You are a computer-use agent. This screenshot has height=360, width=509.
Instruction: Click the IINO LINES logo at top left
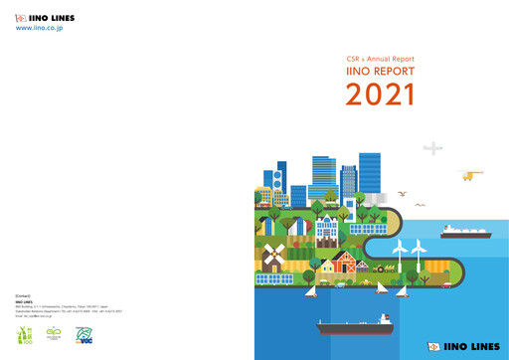45,18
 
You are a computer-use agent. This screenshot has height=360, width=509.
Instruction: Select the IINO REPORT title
380,73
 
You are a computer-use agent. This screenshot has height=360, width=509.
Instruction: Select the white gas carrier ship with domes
464,232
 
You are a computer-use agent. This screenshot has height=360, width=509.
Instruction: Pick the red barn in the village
344,262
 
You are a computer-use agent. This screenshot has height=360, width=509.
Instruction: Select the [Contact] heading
24,296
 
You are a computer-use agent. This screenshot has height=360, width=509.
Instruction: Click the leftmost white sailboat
311,289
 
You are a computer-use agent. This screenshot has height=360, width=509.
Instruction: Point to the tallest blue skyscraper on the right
369,175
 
